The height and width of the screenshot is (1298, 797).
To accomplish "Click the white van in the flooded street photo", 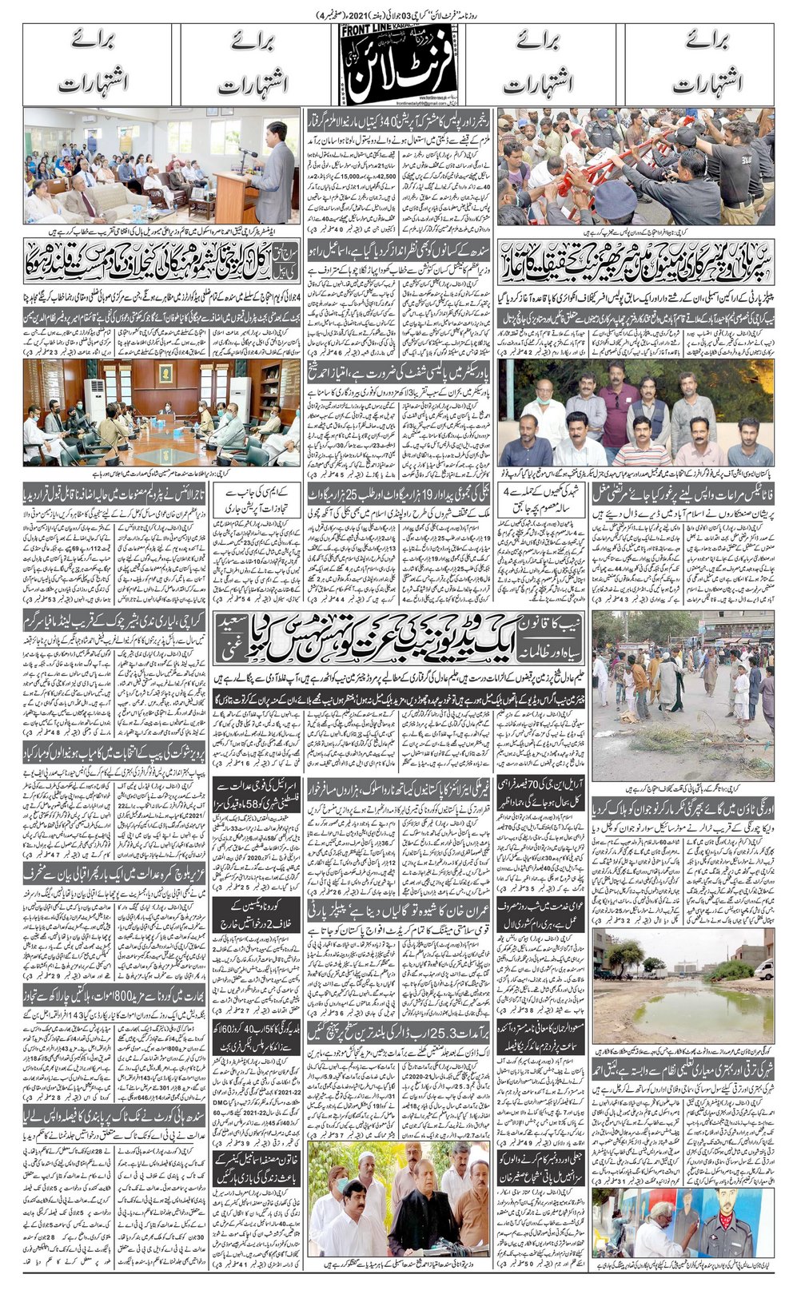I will click(x=764, y=968).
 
